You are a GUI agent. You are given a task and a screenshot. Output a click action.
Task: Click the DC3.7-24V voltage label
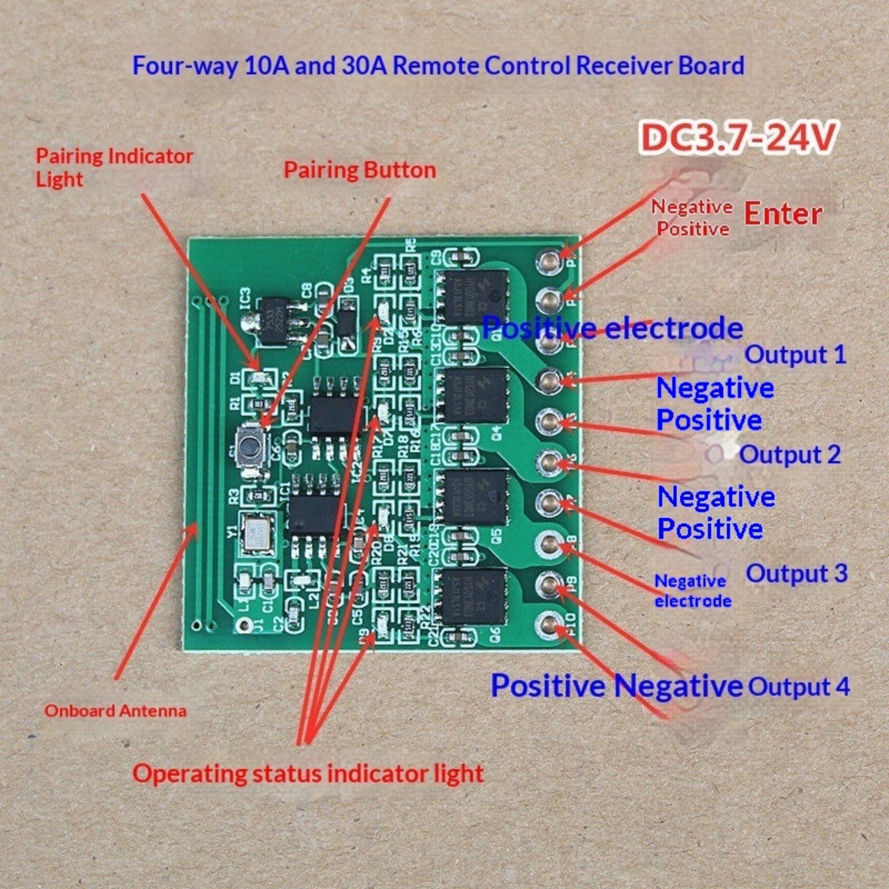(x=738, y=138)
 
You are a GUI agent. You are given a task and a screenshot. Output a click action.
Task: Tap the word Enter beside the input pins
(x=782, y=214)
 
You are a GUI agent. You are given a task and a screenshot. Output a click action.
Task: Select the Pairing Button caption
(x=359, y=170)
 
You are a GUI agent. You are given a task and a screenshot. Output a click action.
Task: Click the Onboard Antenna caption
(x=116, y=711)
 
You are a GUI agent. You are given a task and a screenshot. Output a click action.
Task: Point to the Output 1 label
(x=795, y=354)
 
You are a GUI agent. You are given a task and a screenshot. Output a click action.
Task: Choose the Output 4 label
(x=798, y=686)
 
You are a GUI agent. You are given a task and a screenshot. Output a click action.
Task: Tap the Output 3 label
(x=796, y=573)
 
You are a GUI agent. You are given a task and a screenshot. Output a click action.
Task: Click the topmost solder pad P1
(x=550, y=259)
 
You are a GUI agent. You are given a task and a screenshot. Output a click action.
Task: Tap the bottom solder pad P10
(x=550, y=625)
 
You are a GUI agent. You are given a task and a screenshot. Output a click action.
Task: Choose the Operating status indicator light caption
(x=308, y=773)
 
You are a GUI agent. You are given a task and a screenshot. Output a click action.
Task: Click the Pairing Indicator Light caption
(x=114, y=167)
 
